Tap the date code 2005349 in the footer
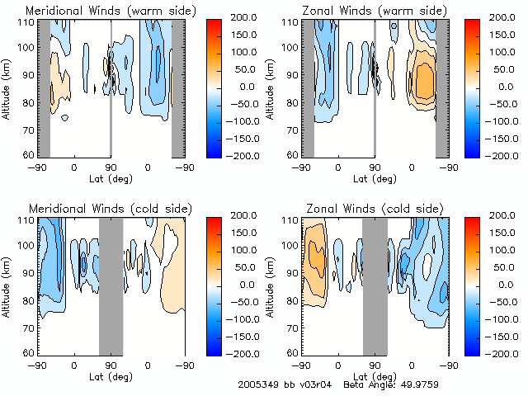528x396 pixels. (257, 384)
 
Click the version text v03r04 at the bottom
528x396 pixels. (307, 384)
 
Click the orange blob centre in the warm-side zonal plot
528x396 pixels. (424, 80)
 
